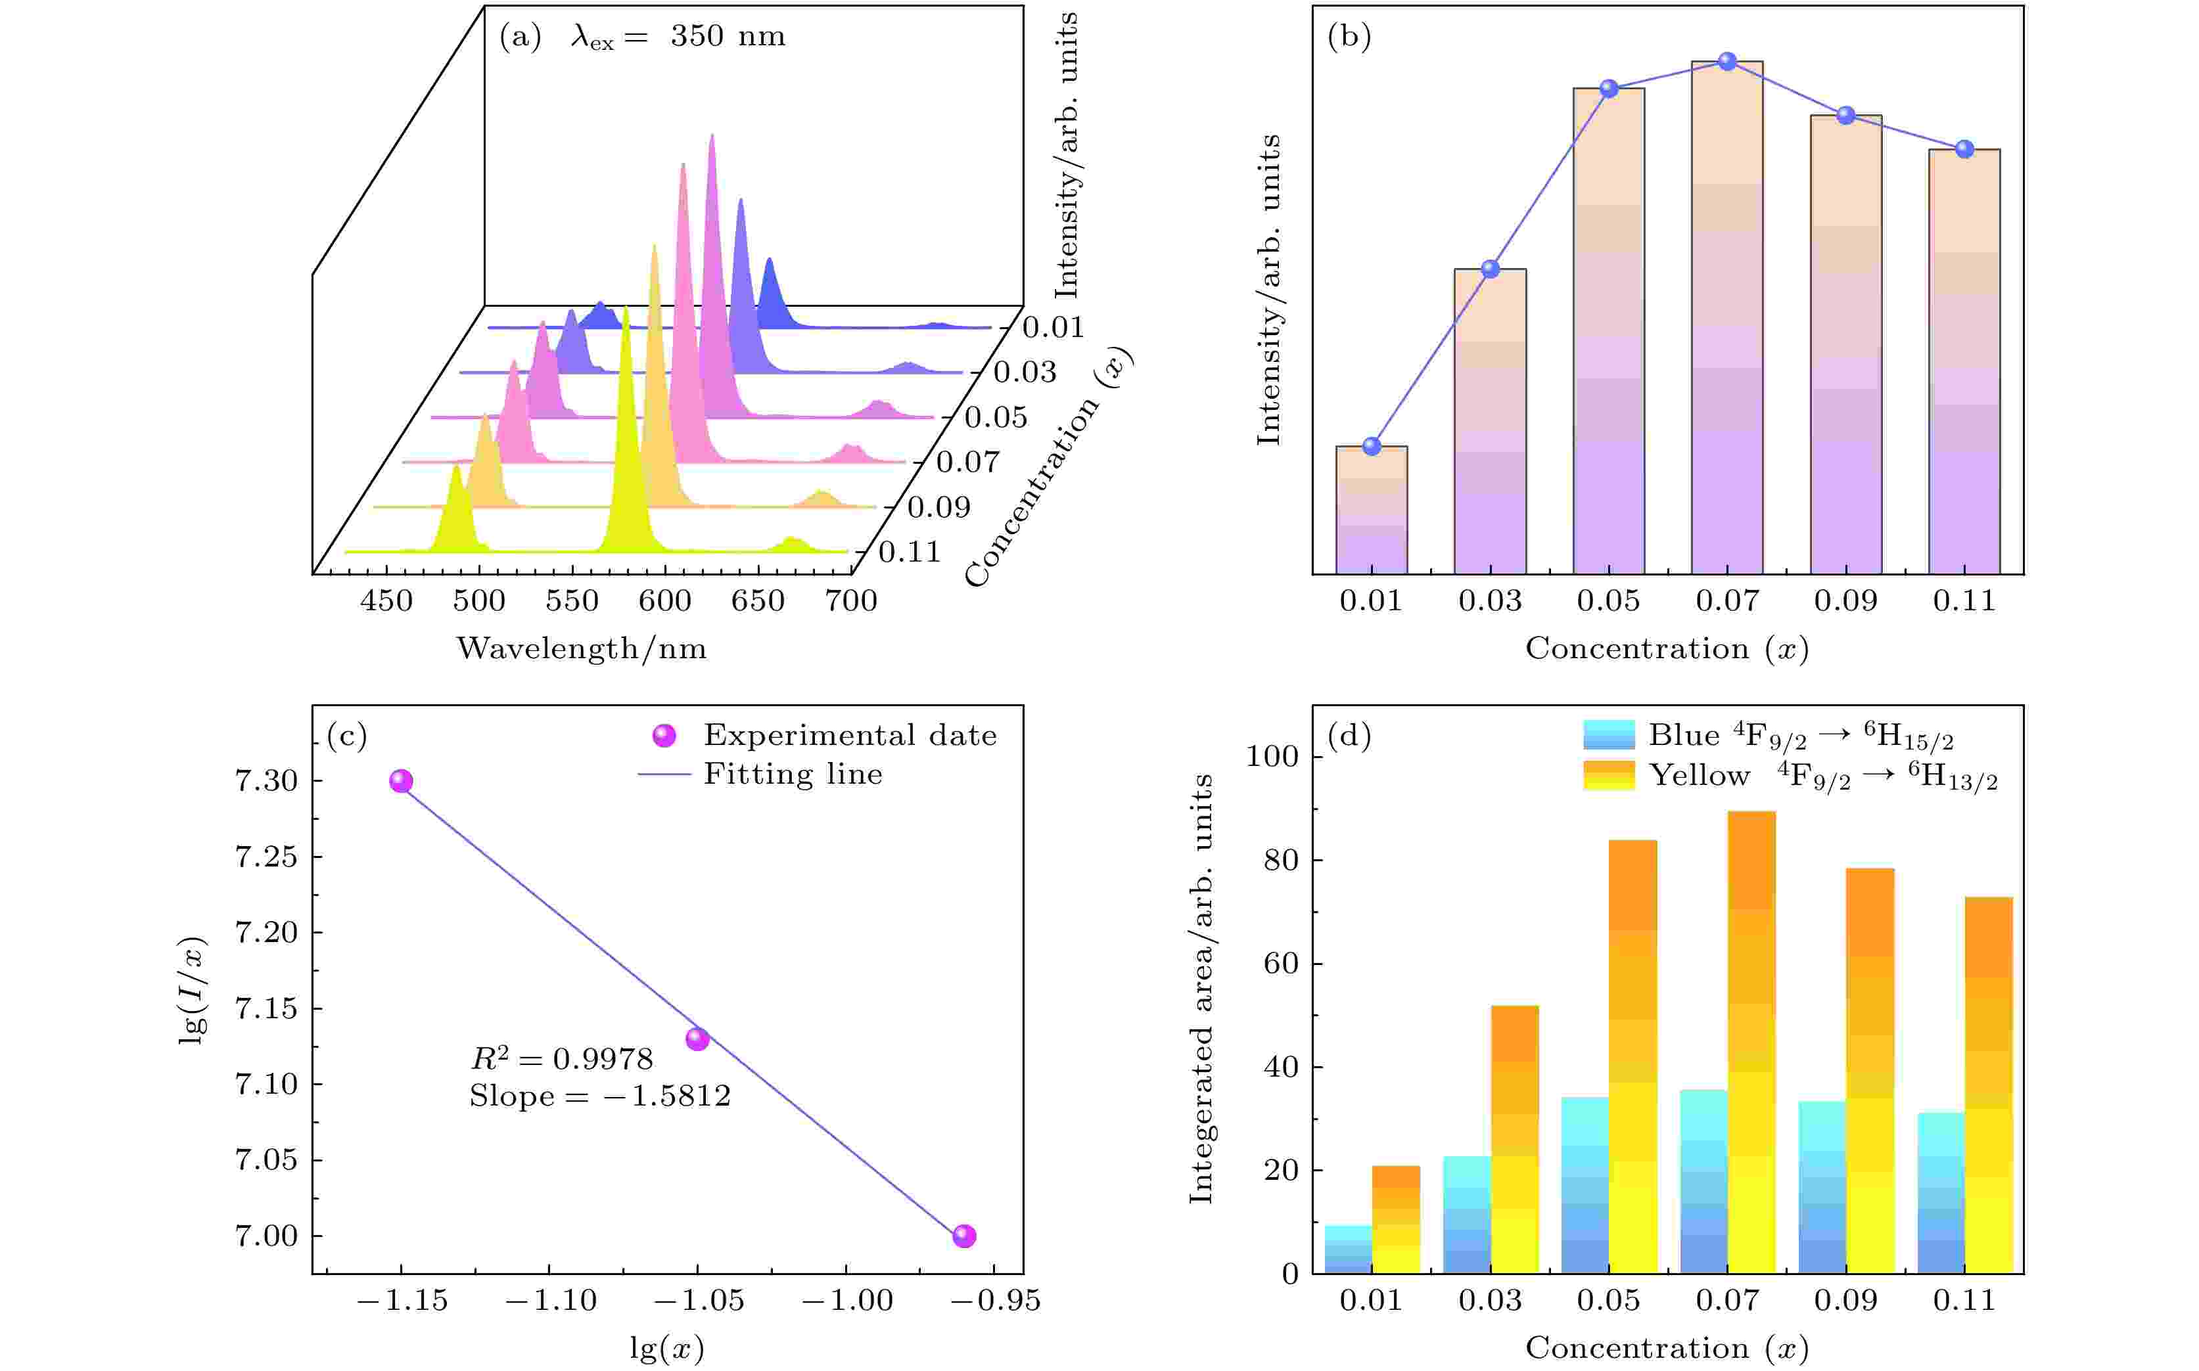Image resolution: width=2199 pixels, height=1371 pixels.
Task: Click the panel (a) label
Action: click(520, 37)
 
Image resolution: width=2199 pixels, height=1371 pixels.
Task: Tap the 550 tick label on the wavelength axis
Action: click(572, 601)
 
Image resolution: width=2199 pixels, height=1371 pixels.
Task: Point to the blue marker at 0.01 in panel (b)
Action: click(1372, 446)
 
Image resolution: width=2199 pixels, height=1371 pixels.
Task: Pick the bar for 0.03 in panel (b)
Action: click(1490, 422)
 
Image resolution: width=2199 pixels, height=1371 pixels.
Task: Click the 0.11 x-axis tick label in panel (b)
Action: click(1964, 601)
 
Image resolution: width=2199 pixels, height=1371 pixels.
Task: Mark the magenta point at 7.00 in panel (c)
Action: click(964, 1236)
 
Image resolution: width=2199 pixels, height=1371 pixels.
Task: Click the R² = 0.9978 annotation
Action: click(561, 1058)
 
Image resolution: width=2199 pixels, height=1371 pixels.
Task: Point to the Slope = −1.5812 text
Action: click(599, 1097)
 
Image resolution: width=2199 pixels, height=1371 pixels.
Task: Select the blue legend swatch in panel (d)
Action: click(1608, 734)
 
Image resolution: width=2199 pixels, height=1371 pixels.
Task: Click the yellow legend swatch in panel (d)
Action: click(1608, 775)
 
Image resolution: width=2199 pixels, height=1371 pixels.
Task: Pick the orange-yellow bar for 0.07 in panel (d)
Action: click(1751, 1043)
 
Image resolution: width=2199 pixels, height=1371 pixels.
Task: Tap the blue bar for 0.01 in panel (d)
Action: click(1348, 1249)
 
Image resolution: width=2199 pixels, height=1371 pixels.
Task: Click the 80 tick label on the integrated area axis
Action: click(1281, 861)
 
